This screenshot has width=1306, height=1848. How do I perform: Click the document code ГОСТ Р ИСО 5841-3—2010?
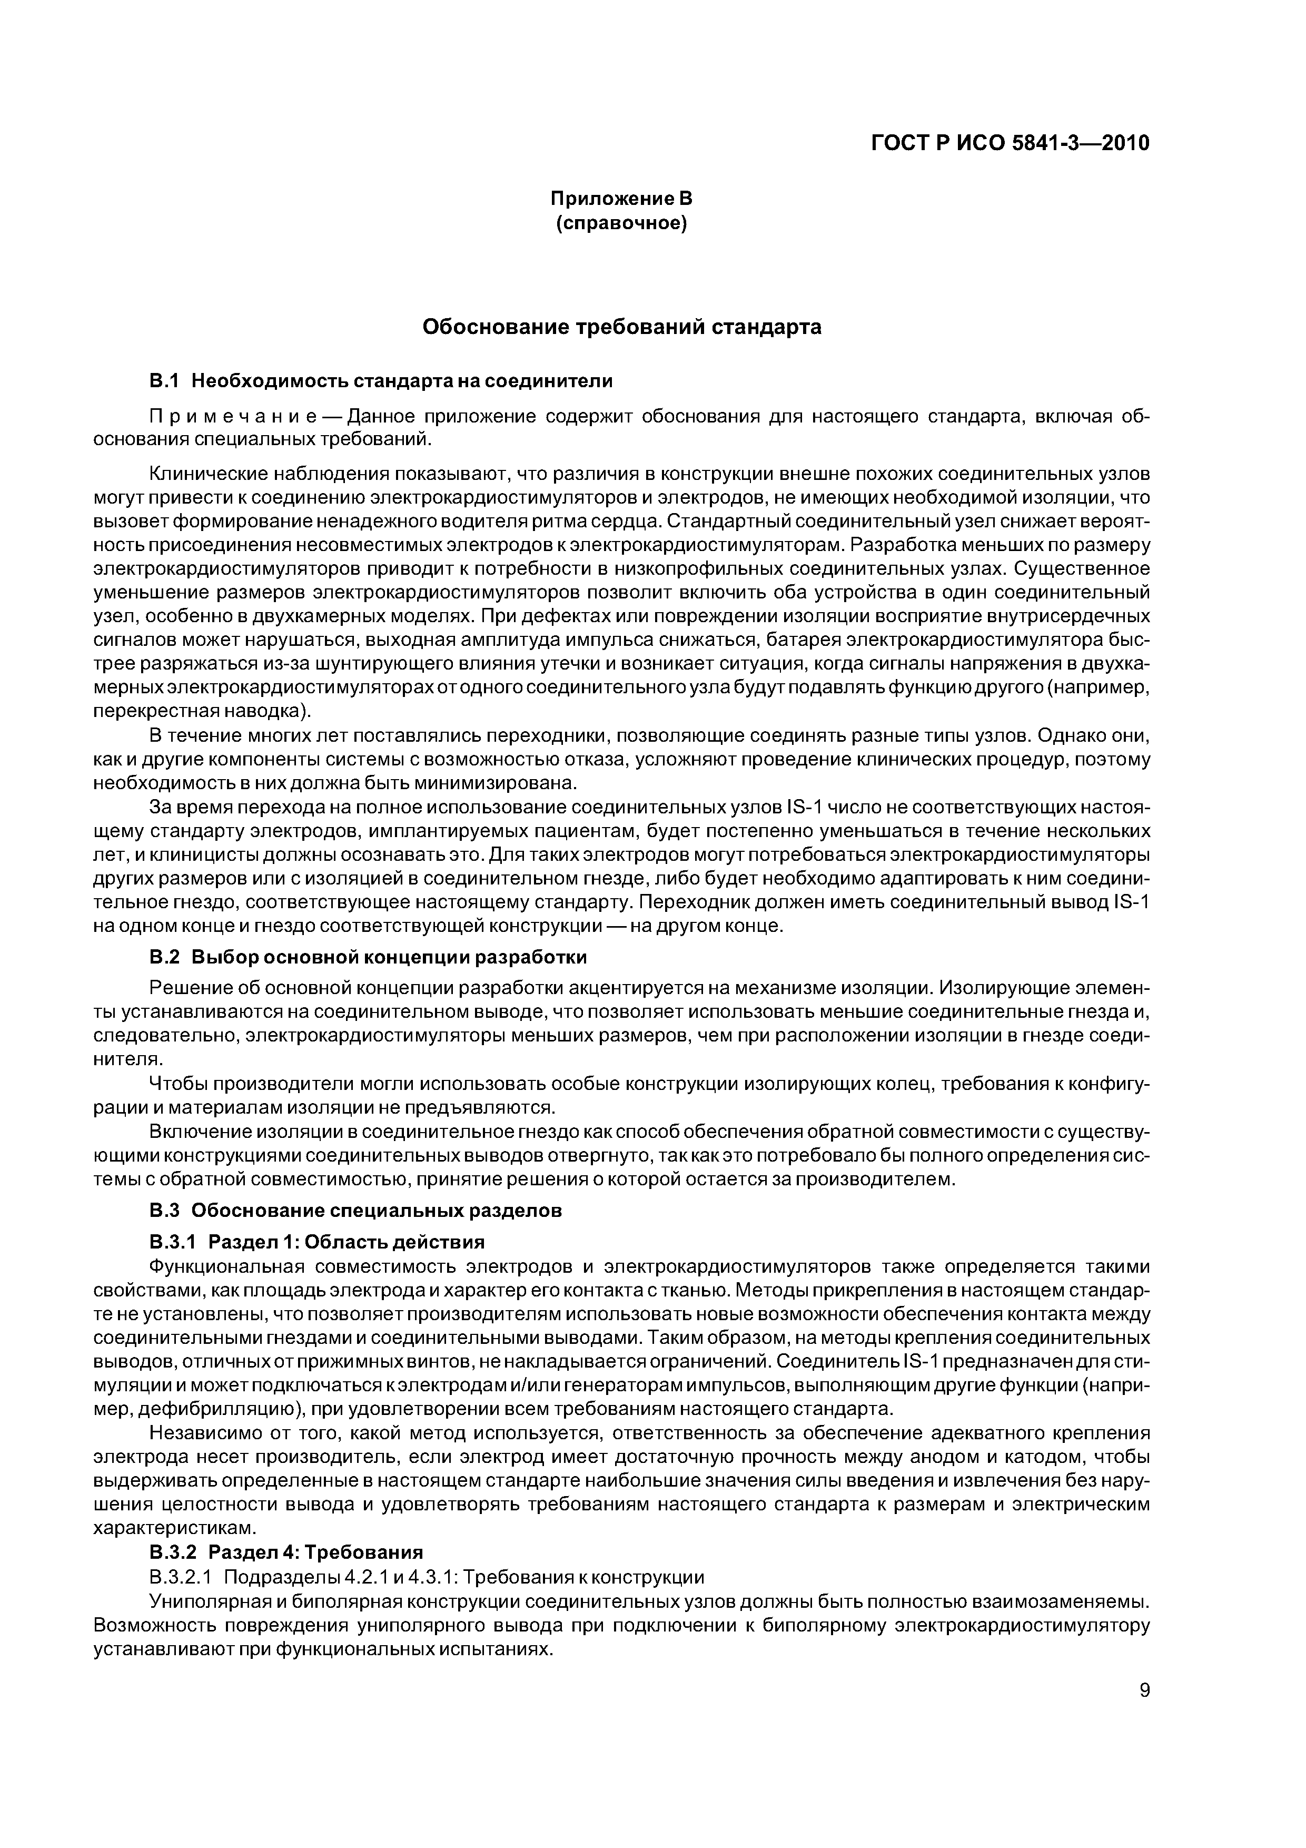(x=1010, y=143)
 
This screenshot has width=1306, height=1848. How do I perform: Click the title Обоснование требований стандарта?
(x=621, y=327)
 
